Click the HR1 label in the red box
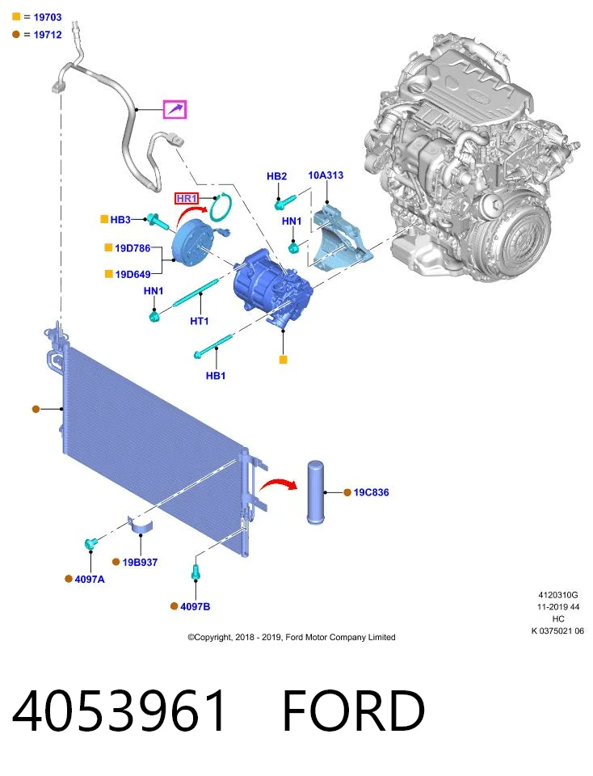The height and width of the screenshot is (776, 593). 187,199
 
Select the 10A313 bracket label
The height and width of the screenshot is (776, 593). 326,175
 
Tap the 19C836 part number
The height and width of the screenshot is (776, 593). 371,492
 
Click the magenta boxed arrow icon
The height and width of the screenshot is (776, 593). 175,109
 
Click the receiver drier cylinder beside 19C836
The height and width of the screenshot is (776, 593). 315,492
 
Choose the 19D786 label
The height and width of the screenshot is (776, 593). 132,248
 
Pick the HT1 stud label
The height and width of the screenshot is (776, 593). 200,321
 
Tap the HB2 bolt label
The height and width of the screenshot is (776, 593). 276,176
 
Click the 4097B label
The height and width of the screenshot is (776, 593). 196,606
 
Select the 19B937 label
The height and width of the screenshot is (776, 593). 140,563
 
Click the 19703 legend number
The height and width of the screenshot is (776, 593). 48,17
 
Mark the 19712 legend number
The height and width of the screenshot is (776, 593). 48,35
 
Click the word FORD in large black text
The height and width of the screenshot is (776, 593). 354,711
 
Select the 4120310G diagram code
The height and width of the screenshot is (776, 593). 558,595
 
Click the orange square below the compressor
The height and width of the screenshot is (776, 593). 283,360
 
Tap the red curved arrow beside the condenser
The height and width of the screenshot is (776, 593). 278,484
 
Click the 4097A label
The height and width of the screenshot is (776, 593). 90,579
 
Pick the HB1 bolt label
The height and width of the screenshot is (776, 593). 216,376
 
